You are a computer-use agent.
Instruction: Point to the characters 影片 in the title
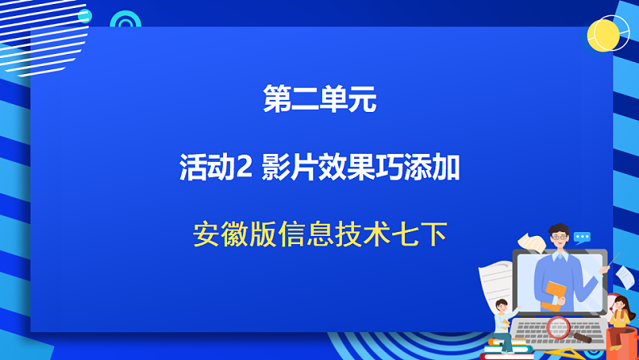(287, 168)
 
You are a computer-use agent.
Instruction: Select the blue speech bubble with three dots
(581, 238)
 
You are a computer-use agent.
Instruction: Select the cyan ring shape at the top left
(125, 22)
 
